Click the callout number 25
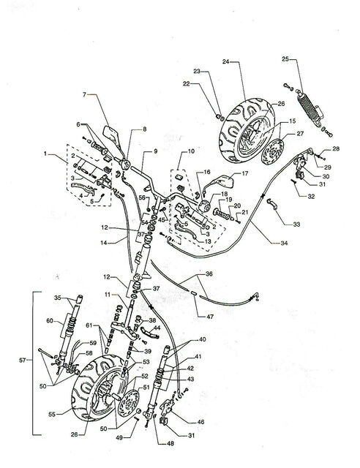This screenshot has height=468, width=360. pos(285,59)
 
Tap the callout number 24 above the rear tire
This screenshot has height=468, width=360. pos(225,61)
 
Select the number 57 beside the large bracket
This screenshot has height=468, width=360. pos(23,361)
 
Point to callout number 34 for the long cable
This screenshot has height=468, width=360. pos(284,243)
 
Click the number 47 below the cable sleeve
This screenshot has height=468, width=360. pos(210,317)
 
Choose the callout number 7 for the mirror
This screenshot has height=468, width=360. pos(84,94)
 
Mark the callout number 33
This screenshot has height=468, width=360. pos(296,224)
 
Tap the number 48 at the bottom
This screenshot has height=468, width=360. pos(170,444)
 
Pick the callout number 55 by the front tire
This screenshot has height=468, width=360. pos(52,415)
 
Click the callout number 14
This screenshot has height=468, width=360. pos(104,243)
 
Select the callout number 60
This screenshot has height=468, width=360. pos(50,321)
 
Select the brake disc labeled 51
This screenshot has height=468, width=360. pos(129,403)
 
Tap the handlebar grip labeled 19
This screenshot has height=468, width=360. pos(222,214)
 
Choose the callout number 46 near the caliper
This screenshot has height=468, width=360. pos(200,422)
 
